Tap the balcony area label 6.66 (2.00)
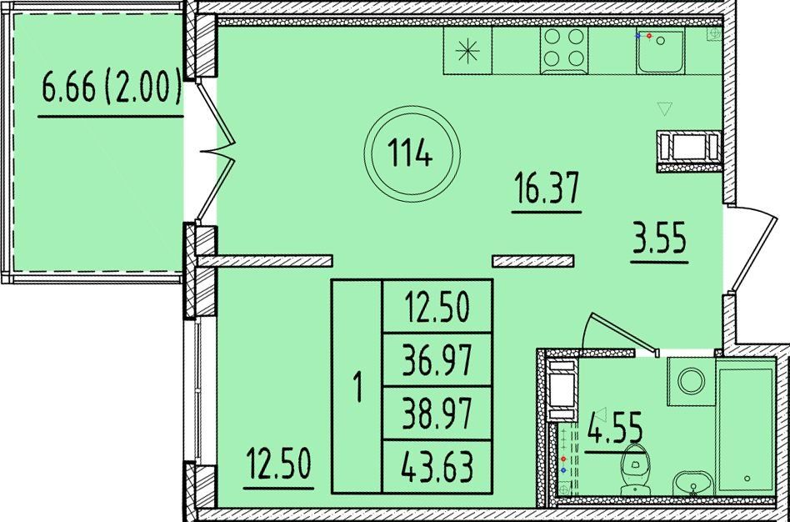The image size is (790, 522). pyautogui.click(x=112, y=88)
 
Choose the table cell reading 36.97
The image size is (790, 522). pyautogui.click(x=437, y=359)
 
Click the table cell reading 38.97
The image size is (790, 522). pyautogui.click(x=437, y=414)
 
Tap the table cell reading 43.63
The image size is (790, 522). pyautogui.click(x=437, y=467)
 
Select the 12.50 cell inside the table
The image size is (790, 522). pyautogui.click(x=437, y=307)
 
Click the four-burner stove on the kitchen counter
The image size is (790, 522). pyautogui.click(x=564, y=50)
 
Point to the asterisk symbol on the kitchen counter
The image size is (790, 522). pyautogui.click(x=467, y=52)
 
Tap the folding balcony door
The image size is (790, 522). pyautogui.click(x=215, y=151)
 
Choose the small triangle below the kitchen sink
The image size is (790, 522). pyautogui.click(x=665, y=108)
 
